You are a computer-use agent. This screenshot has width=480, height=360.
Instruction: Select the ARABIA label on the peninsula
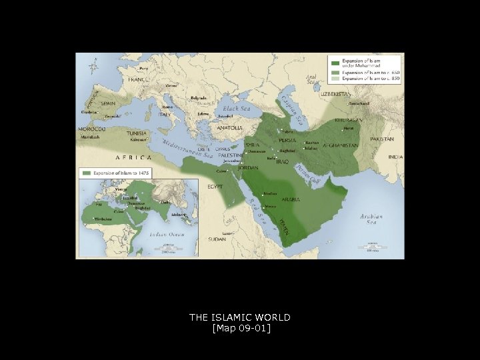pos(290,199)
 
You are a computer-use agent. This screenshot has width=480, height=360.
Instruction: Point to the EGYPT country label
pos(215,186)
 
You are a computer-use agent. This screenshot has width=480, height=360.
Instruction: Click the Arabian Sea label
pos(372,218)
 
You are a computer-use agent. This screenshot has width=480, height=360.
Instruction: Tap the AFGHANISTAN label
pos(340,145)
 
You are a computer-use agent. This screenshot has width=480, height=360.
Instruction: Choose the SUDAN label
pos(217,239)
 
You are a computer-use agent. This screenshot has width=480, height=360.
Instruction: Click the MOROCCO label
pos(91,128)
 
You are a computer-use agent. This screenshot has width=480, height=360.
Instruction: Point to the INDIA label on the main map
pos(395,157)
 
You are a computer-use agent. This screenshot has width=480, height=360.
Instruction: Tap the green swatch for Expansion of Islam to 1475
pos(86,173)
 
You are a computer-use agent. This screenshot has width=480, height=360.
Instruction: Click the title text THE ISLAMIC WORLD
pos(239,317)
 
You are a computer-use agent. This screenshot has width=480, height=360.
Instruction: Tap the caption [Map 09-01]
pos(239,328)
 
